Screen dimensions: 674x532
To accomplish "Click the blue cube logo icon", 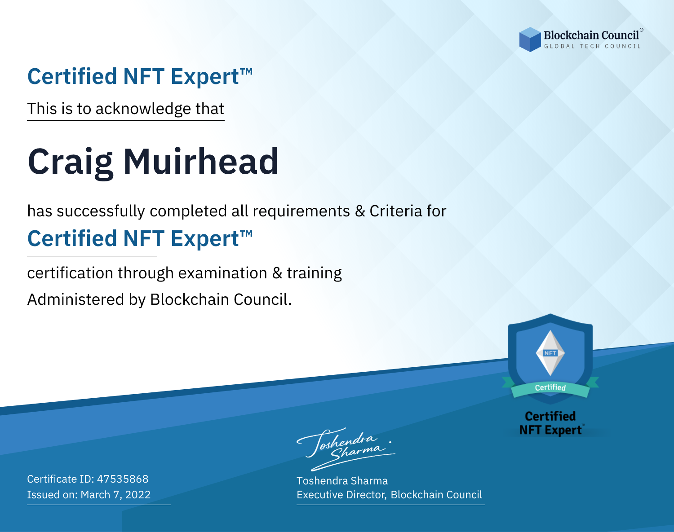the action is pyautogui.click(x=530, y=40).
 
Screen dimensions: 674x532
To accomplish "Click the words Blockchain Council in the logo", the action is pyautogui.click(x=591, y=35).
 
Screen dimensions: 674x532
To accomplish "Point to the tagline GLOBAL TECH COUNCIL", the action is pyautogui.click(x=593, y=46).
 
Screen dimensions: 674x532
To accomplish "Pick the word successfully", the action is pyautogui.click(x=101, y=211).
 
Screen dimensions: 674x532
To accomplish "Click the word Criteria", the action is pyautogui.click(x=395, y=211).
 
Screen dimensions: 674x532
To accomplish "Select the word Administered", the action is pyautogui.click(x=76, y=299).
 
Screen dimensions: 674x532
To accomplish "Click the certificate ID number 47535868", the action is pyautogui.click(x=123, y=479).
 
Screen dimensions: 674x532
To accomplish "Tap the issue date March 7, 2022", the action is pyautogui.click(x=115, y=495).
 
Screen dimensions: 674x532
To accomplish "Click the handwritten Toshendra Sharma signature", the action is pyautogui.click(x=346, y=449).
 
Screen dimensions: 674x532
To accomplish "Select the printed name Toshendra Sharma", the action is pyautogui.click(x=342, y=481).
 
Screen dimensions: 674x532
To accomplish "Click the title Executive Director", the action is pyautogui.click(x=341, y=495).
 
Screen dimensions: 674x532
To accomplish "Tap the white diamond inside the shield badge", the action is pyautogui.click(x=550, y=353).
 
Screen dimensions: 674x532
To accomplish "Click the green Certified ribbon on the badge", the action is pyautogui.click(x=550, y=387).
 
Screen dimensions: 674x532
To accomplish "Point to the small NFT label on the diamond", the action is pyautogui.click(x=550, y=353).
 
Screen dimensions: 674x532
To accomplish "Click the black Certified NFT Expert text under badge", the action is pyautogui.click(x=550, y=423).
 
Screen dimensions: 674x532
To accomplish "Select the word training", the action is pyautogui.click(x=315, y=273).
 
